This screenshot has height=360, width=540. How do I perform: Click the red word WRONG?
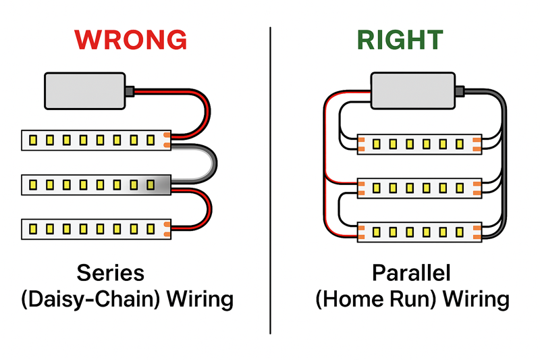[131, 41]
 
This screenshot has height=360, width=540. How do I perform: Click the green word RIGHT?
[400, 41]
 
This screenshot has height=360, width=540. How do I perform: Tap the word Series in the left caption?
[110, 273]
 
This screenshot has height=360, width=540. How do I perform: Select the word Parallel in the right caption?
[412, 273]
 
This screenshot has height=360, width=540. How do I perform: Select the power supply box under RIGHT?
[412, 91]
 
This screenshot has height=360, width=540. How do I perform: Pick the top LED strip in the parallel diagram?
[418, 144]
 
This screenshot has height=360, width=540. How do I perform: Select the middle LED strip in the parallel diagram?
[418, 187]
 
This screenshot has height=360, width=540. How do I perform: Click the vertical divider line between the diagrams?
[271, 182]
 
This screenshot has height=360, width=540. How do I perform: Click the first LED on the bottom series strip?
[33, 229]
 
